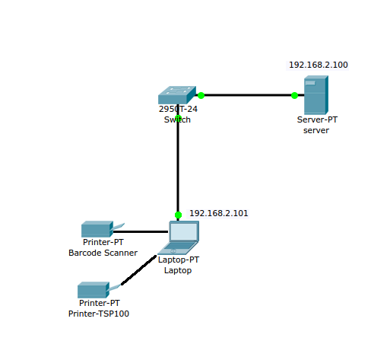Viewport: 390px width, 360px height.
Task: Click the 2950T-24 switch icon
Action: point(177,95)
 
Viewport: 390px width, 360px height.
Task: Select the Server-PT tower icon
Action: point(316,95)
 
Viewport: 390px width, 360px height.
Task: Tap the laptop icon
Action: point(178,237)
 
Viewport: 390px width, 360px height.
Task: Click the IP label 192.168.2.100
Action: point(319,65)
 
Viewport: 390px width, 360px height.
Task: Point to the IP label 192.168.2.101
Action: point(219,213)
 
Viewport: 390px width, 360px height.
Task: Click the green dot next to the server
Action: point(294,95)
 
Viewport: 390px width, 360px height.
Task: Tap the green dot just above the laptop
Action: point(178,215)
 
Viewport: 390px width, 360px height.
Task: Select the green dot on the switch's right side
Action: point(201,95)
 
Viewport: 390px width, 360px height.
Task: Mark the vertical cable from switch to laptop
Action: point(178,162)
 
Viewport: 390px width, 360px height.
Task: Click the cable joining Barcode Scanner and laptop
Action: point(141,231)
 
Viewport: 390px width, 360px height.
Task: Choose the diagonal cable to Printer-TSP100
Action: point(138,270)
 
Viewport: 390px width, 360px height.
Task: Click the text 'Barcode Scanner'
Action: point(103,253)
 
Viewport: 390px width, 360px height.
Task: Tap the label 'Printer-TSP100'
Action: point(99,314)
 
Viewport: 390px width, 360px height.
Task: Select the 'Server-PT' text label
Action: point(317,119)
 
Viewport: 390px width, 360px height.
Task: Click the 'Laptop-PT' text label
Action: point(179,260)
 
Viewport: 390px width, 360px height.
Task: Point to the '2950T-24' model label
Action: point(178,109)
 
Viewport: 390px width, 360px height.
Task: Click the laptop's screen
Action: point(184,231)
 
